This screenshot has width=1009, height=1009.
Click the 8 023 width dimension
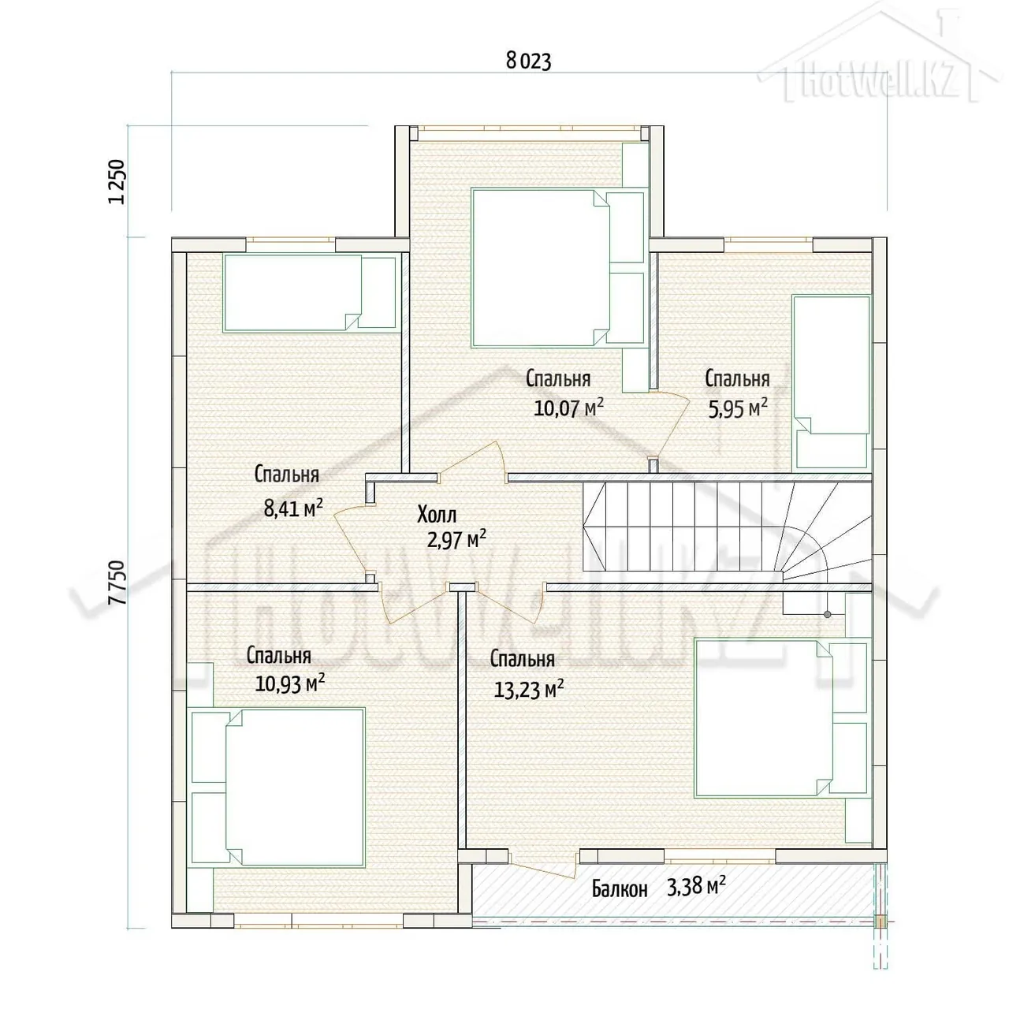pyautogui.click(x=528, y=61)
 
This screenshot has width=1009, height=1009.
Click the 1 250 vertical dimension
pyautogui.click(x=117, y=181)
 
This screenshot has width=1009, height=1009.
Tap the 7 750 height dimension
pyautogui.click(x=117, y=583)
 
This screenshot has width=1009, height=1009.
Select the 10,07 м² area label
pyautogui.click(x=568, y=407)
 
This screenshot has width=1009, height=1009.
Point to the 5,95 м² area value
pyautogui.click(x=738, y=408)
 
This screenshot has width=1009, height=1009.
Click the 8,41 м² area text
pyautogui.click(x=292, y=508)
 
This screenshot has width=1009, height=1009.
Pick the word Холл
pyautogui.click(x=437, y=515)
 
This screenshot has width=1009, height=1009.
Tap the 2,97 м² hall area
pyautogui.click(x=456, y=539)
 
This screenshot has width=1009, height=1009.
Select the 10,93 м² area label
pyautogui.click(x=289, y=683)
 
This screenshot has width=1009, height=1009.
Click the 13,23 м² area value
pyautogui.click(x=529, y=690)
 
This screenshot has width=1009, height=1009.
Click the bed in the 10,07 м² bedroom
pyautogui.click(x=541, y=268)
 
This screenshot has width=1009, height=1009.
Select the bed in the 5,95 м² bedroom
pyautogui.click(x=831, y=382)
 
